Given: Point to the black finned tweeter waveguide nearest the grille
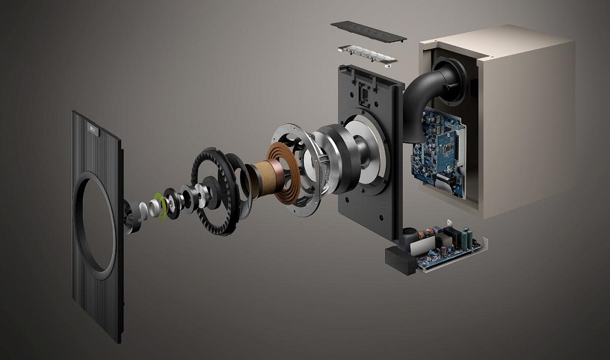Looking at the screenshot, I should point(131,216).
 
